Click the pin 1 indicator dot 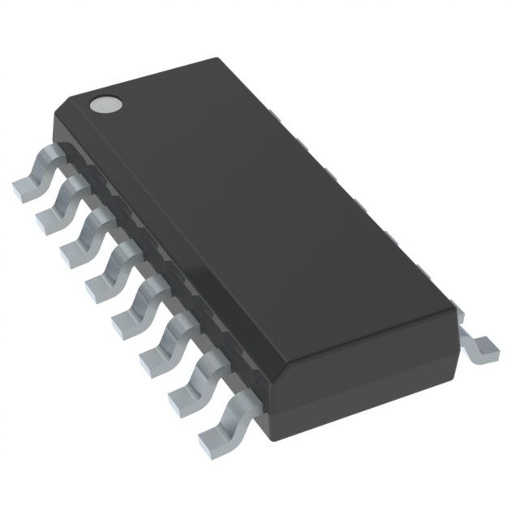point(105,103)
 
